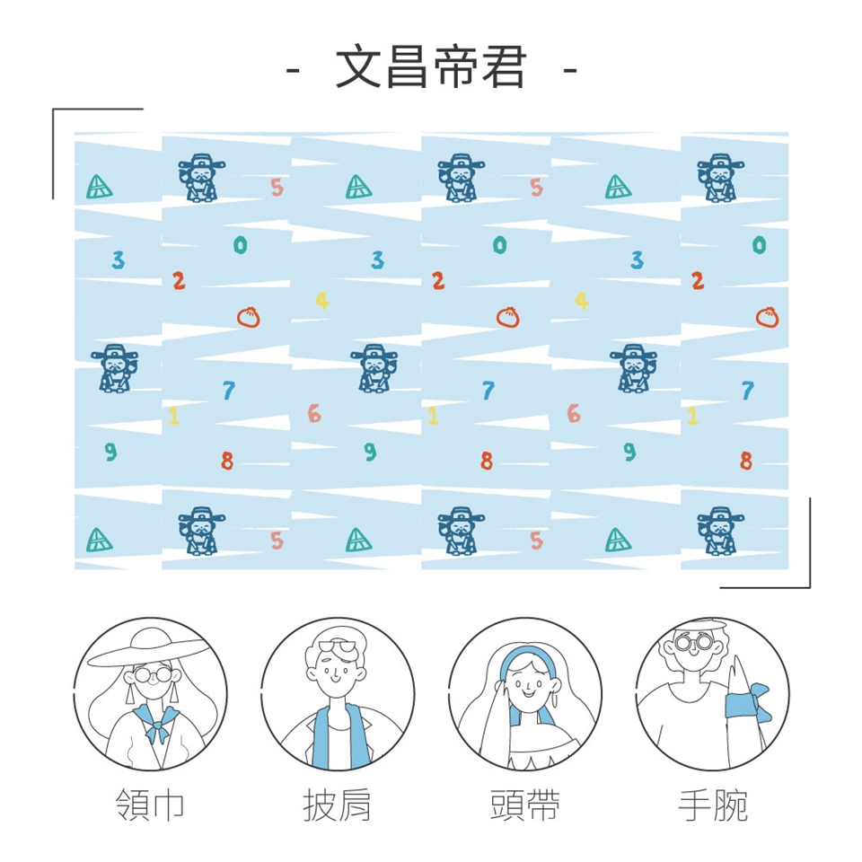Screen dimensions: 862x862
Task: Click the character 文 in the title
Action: coord(358,66)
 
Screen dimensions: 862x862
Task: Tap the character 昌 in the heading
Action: coord(407,66)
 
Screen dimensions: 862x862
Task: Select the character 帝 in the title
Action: coord(456,66)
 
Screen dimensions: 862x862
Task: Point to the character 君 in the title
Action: coord(503,66)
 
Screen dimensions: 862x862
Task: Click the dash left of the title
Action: coord(293,70)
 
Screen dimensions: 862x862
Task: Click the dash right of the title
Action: coord(570,70)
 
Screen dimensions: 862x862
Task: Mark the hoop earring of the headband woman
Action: coord(554,699)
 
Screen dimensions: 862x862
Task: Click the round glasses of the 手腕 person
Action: coord(694,642)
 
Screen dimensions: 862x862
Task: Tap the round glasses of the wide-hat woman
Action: coord(153,674)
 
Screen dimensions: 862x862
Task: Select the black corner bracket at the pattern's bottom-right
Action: coord(809,586)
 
